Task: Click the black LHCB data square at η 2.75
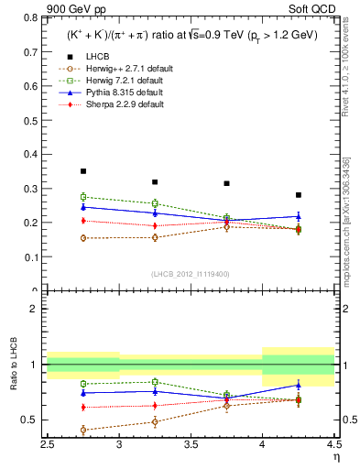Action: [83, 171]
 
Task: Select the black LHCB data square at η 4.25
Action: [298, 195]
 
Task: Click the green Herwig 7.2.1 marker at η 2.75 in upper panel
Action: [83, 197]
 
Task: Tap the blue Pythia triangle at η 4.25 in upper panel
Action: [298, 216]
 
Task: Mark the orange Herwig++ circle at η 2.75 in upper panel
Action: [83, 238]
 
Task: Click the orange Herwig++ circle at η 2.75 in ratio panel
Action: [83, 430]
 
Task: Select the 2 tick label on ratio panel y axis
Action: [34, 309]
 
